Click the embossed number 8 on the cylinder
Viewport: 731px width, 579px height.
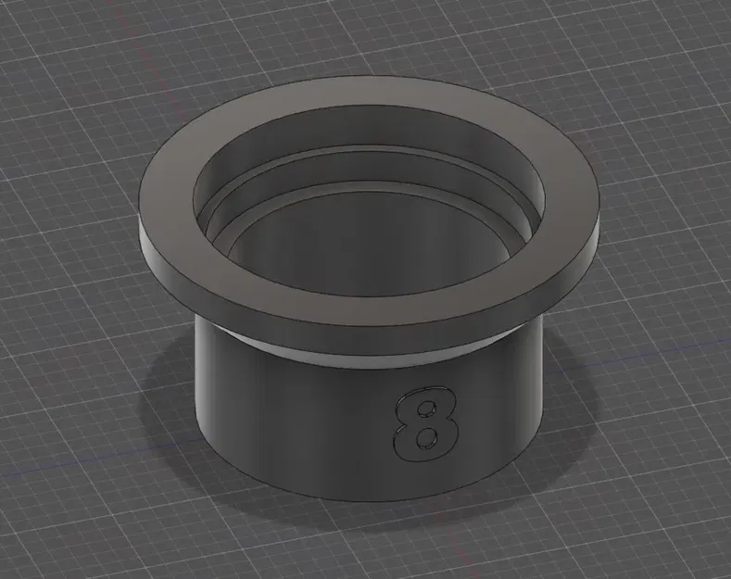(x=425, y=423)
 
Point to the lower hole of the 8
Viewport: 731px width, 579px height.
(x=424, y=436)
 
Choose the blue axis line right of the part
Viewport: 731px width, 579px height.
(x=649, y=347)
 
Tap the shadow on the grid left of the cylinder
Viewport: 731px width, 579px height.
(x=167, y=408)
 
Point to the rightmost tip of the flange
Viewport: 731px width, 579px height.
(x=598, y=208)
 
